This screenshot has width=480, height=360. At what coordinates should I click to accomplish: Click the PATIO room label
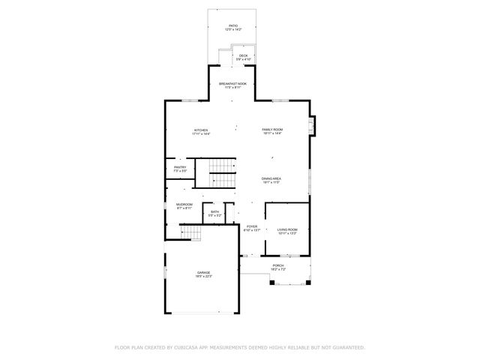point(233,25)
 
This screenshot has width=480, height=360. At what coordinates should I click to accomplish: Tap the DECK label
point(243,55)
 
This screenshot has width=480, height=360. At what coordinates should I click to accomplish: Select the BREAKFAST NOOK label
point(232,83)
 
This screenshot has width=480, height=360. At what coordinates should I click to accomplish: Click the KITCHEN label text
point(200,130)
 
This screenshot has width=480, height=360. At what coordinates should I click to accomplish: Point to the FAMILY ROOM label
point(271,130)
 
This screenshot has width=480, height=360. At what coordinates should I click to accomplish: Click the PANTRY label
point(180,167)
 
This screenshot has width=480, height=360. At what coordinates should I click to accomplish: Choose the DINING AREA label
point(271,178)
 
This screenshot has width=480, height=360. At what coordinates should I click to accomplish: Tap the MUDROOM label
point(184,204)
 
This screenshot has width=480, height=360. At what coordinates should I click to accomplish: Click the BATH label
point(214,212)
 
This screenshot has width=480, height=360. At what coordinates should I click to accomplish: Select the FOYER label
point(252,226)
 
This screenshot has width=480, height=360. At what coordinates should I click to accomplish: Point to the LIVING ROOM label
point(287,229)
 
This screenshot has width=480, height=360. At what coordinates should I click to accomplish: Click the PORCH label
point(277,265)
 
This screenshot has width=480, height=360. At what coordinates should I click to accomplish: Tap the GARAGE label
point(203,272)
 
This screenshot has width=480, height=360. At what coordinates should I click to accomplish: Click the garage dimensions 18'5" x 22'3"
point(203,277)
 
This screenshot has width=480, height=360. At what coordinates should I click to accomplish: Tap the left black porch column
point(273,283)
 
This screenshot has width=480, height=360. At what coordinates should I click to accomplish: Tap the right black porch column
point(306,283)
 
